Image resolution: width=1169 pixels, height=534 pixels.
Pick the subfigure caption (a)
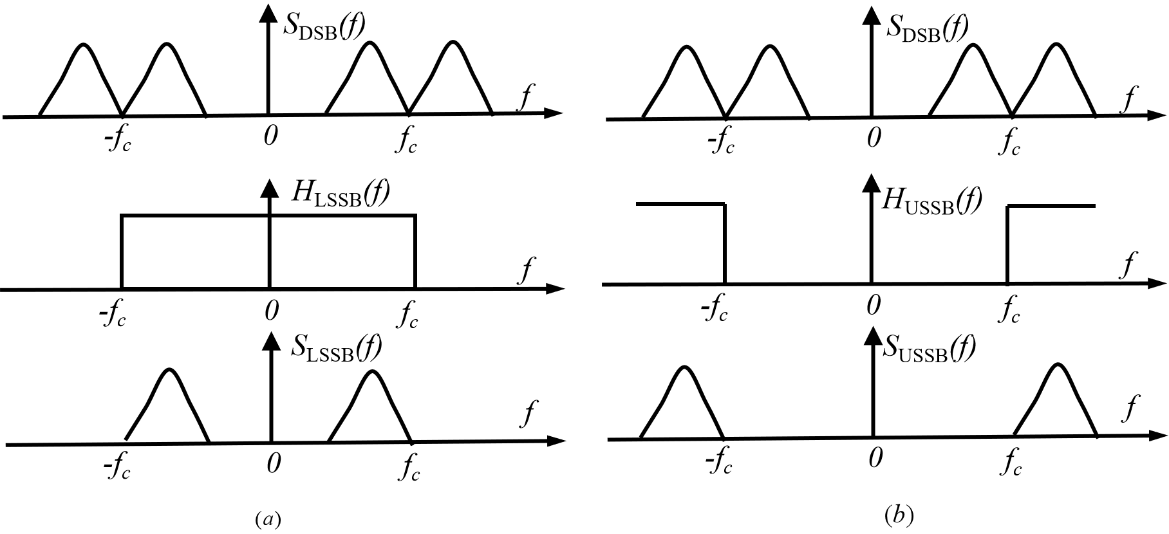click(267, 519)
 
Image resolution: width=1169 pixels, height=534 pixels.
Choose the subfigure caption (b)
click(898, 515)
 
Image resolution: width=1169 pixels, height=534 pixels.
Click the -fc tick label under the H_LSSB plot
click(115, 313)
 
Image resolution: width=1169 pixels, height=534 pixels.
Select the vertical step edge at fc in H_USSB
click(1007, 244)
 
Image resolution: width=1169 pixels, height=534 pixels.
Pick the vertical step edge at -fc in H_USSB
click(725, 244)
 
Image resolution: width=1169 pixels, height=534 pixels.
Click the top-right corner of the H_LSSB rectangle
click(415, 216)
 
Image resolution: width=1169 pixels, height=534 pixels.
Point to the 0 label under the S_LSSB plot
click(274, 463)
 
